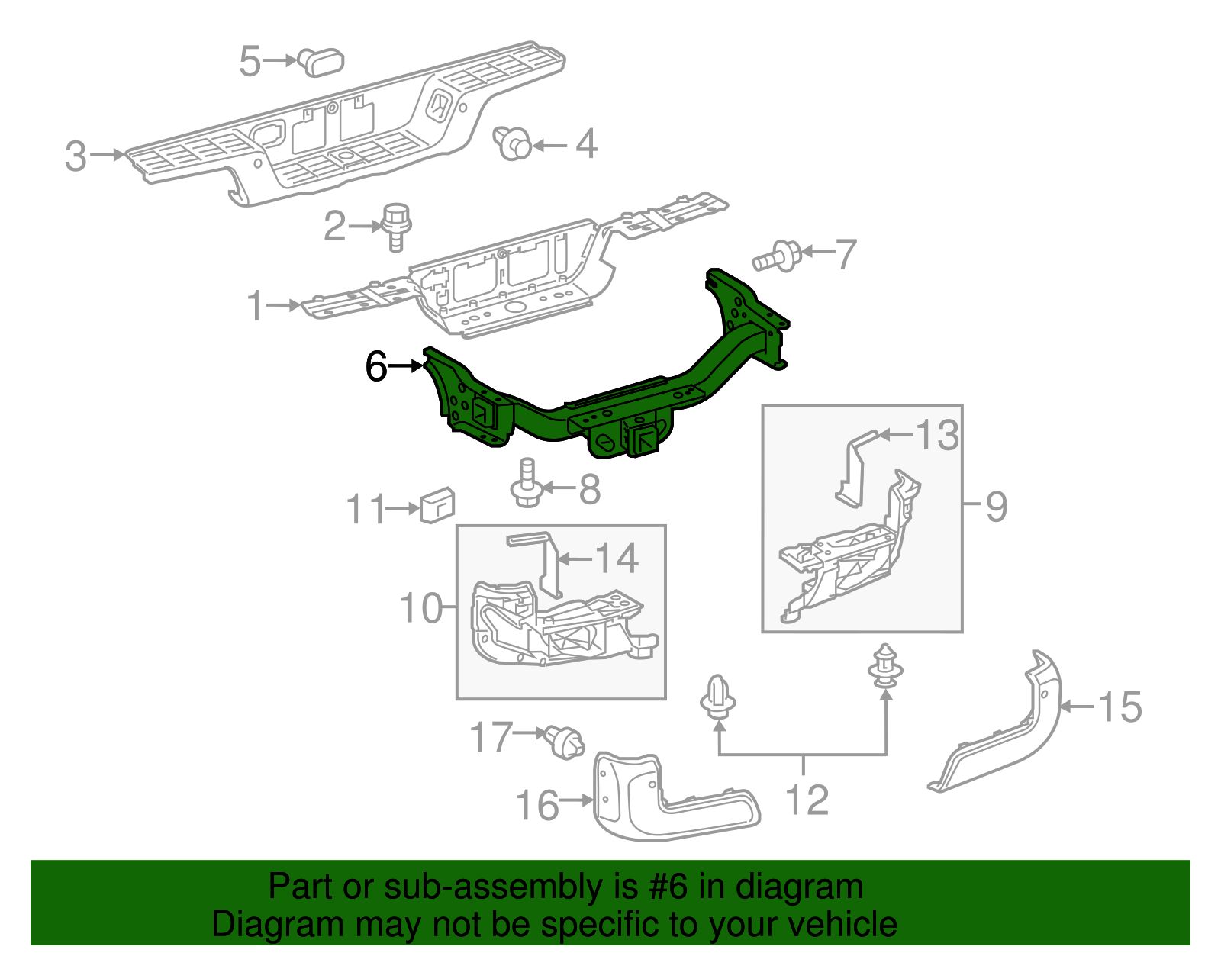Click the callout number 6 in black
(376, 366)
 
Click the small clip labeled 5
(321, 61)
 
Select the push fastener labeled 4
(514, 143)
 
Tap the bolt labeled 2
(396, 226)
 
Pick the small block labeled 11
(437, 505)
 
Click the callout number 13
(937, 436)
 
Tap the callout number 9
(996, 506)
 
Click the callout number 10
(420, 608)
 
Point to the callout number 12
(807, 800)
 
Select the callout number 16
(537, 806)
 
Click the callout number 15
(1120, 707)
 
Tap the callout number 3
(76, 156)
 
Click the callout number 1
(255, 306)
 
